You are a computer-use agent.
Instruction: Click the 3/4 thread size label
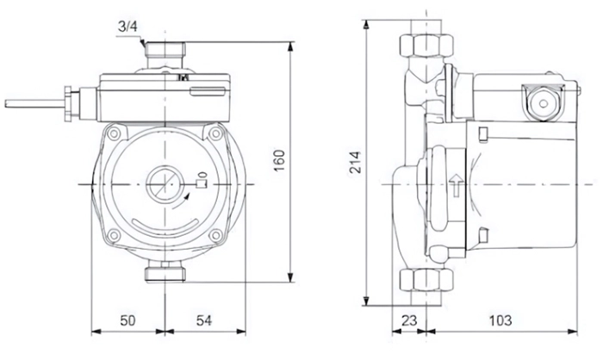coord(127,27)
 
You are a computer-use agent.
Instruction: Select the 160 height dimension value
coord(280,160)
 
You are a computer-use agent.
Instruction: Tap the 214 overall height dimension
coord(355,162)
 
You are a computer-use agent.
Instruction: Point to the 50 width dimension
coord(127,320)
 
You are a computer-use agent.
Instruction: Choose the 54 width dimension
coord(204,320)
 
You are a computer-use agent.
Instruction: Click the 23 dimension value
coord(409,320)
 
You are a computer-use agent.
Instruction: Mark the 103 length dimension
coord(500,320)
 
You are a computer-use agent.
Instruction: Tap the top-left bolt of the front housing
coord(114,134)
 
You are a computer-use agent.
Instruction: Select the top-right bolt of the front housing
coord(215,133)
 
